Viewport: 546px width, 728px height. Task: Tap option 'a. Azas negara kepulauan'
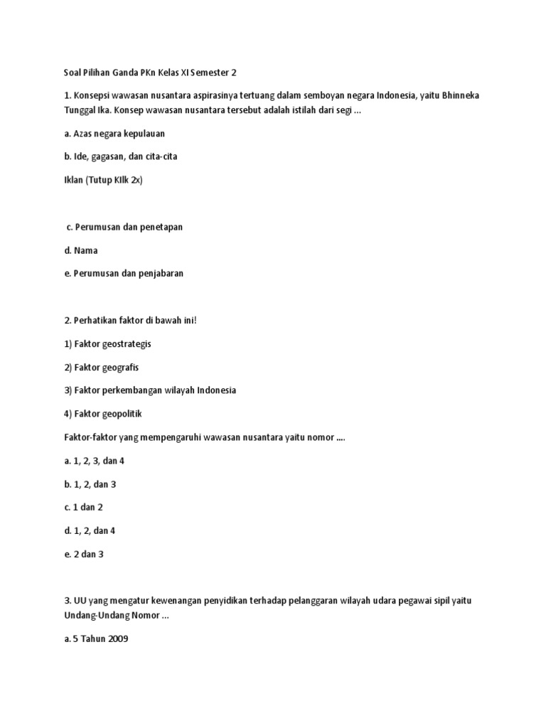pos(114,133)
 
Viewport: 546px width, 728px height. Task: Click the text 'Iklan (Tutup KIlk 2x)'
pos(103,180)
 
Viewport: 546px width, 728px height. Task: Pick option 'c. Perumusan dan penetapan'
pos(124,227)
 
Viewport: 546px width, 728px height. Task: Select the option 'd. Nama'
pos(80,250)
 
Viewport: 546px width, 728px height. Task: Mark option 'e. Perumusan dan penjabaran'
pos(123,274)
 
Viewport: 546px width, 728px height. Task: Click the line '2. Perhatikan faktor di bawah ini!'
pos(129,320)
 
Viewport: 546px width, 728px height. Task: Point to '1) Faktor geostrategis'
pos(107,343)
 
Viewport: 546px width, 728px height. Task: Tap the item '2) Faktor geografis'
pos(101,367)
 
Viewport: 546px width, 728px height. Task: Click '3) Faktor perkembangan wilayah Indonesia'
pos(149,390)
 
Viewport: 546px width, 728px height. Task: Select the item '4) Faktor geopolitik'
pos(103,414)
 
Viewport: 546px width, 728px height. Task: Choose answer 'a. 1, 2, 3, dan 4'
pos(94,461)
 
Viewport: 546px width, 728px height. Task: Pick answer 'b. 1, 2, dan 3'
pos(89,484)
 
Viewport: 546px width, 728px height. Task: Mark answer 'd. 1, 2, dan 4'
pos(89,531)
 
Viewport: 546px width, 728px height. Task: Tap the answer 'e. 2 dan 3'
pos(83,555)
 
